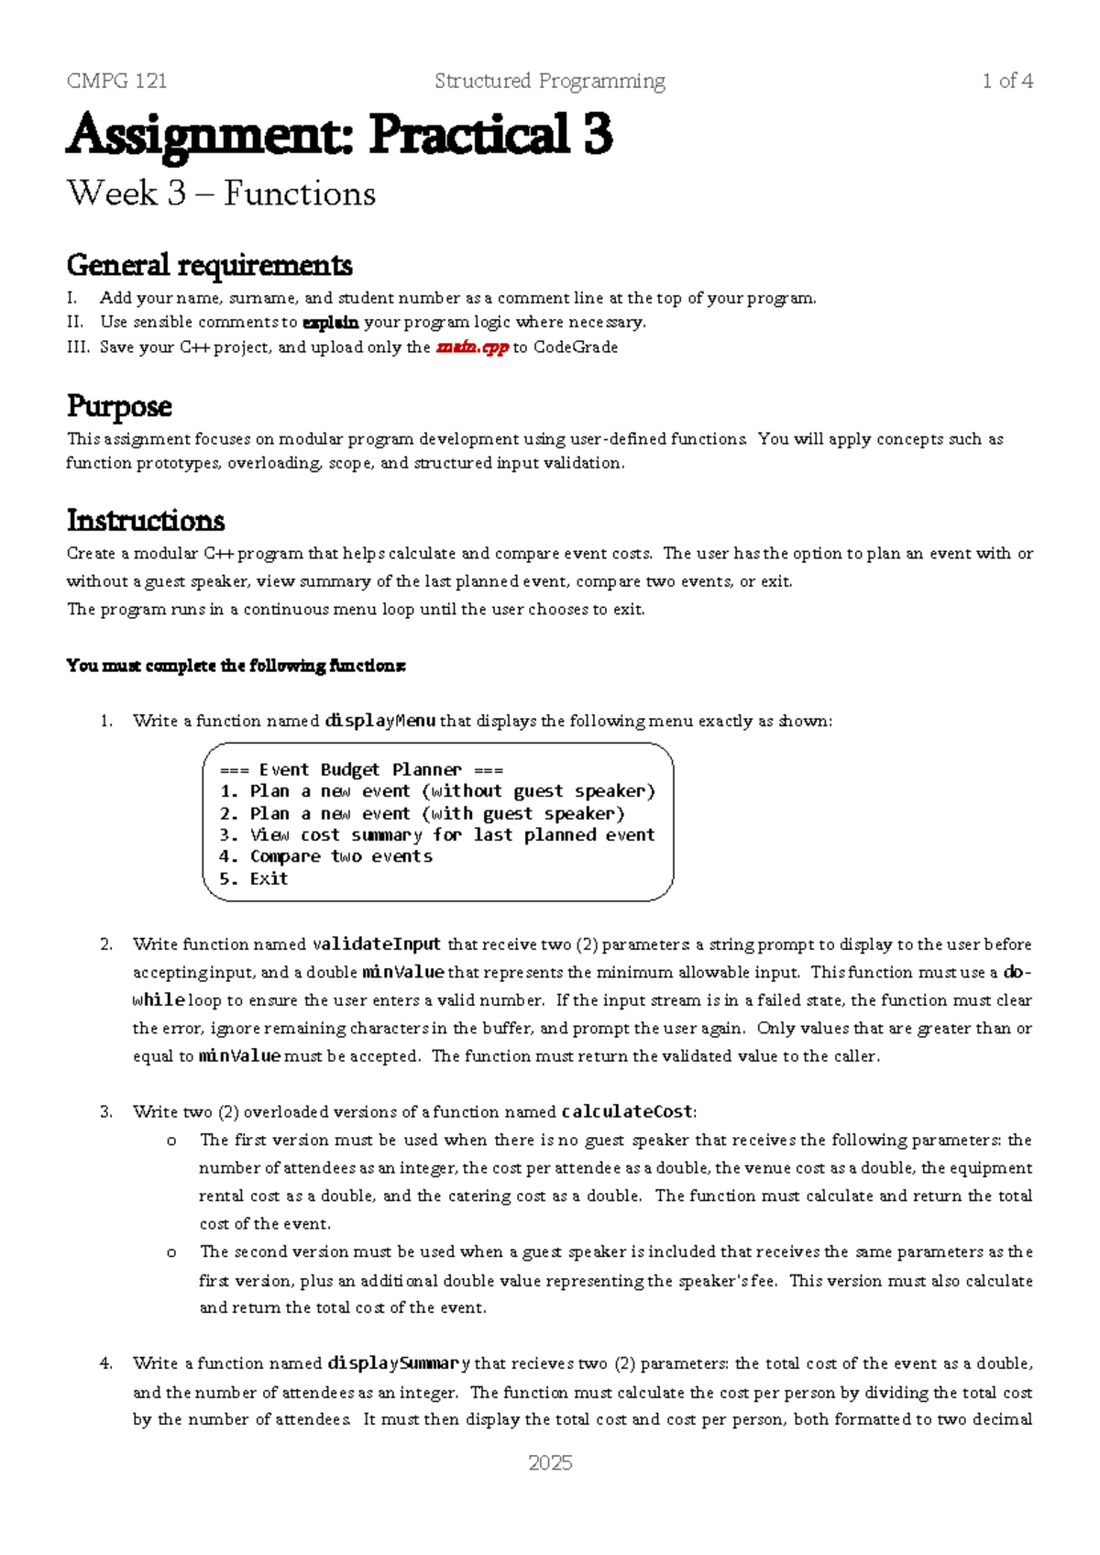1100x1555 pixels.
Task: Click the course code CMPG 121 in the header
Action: (x=116, y=81)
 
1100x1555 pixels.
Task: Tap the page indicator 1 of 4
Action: (x=1006, y=81)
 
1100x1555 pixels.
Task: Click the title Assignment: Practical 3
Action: (x=339, y=135)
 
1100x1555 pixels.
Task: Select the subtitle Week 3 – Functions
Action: (x=221, y=193)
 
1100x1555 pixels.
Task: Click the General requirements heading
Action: (x=209, y=265)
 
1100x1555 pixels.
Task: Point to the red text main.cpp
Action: (x=472, y=347)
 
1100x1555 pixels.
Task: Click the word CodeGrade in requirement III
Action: (x=576, y=347)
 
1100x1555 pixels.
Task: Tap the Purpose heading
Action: (x=119, y=406)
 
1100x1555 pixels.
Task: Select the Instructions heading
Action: (x=146, y=520)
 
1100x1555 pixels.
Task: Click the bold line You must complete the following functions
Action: (x=236, y=666)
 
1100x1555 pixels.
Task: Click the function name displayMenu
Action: (x=379, y=721)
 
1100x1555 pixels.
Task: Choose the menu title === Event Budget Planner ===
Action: (x=361, y=769)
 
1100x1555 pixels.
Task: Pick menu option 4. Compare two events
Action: (x=325, y=856)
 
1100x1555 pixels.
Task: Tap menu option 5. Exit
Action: (x=254, y=878)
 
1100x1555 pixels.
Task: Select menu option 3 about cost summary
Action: (x=437, y=834)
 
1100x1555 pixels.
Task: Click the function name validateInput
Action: (x=377, y=944)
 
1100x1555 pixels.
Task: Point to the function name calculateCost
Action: (x=627, y=1112)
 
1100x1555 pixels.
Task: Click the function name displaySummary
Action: (x=399, y=1363)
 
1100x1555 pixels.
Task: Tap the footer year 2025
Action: (x=550, y=1463)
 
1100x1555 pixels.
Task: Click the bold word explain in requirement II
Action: (x=330, y=323)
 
